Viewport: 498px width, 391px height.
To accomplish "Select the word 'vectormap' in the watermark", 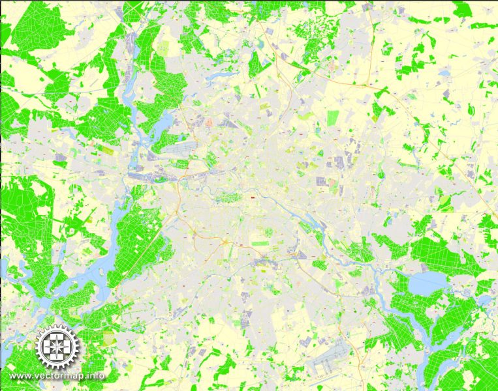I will click(61, 376).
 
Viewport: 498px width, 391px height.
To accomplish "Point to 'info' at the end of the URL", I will click(97, 376).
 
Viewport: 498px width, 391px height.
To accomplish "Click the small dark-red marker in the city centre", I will click(251, 195).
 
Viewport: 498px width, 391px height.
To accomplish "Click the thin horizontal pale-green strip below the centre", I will click(260, 243).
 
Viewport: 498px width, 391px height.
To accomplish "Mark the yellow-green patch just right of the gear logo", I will click(108, 340).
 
